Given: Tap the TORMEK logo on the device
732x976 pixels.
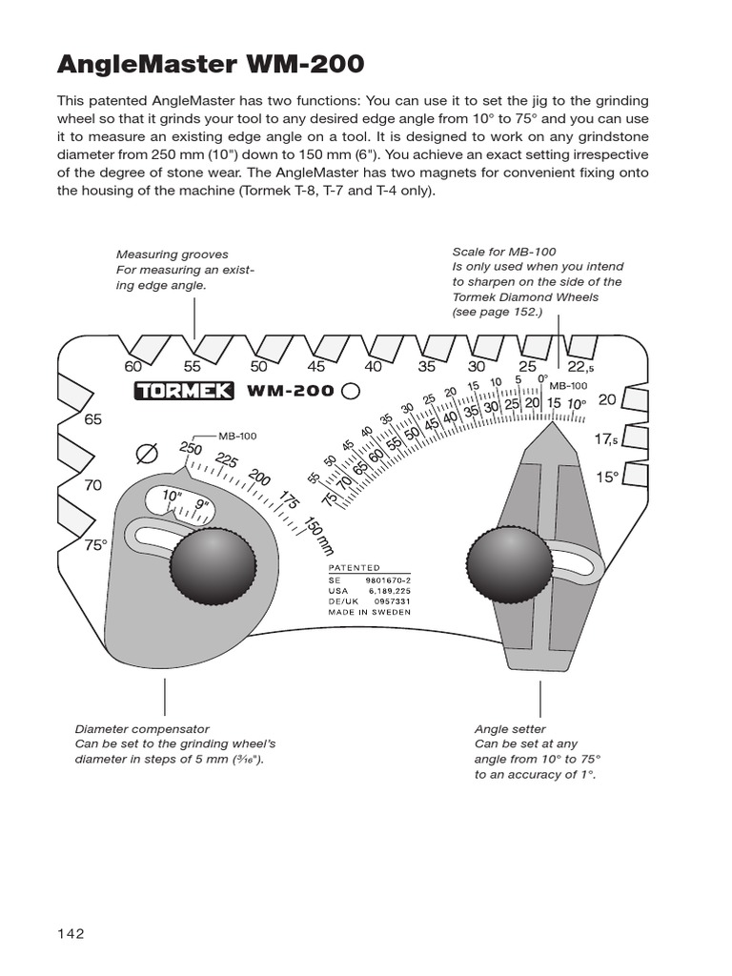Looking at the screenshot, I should tap(178, 391).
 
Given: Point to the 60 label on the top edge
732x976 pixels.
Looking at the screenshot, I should tap(132, 366).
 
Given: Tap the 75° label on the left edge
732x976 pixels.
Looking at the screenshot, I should tap(95, 546).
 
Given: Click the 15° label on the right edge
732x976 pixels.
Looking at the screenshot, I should tap(607, 477).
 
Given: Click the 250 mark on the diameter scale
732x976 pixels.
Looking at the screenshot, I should tap(190, 449).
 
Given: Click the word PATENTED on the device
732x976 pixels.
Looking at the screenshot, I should tap(354, 567).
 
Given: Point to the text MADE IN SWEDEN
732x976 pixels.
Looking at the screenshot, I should tap(369, 612).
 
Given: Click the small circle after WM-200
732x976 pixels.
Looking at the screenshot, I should tap(350, 390).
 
